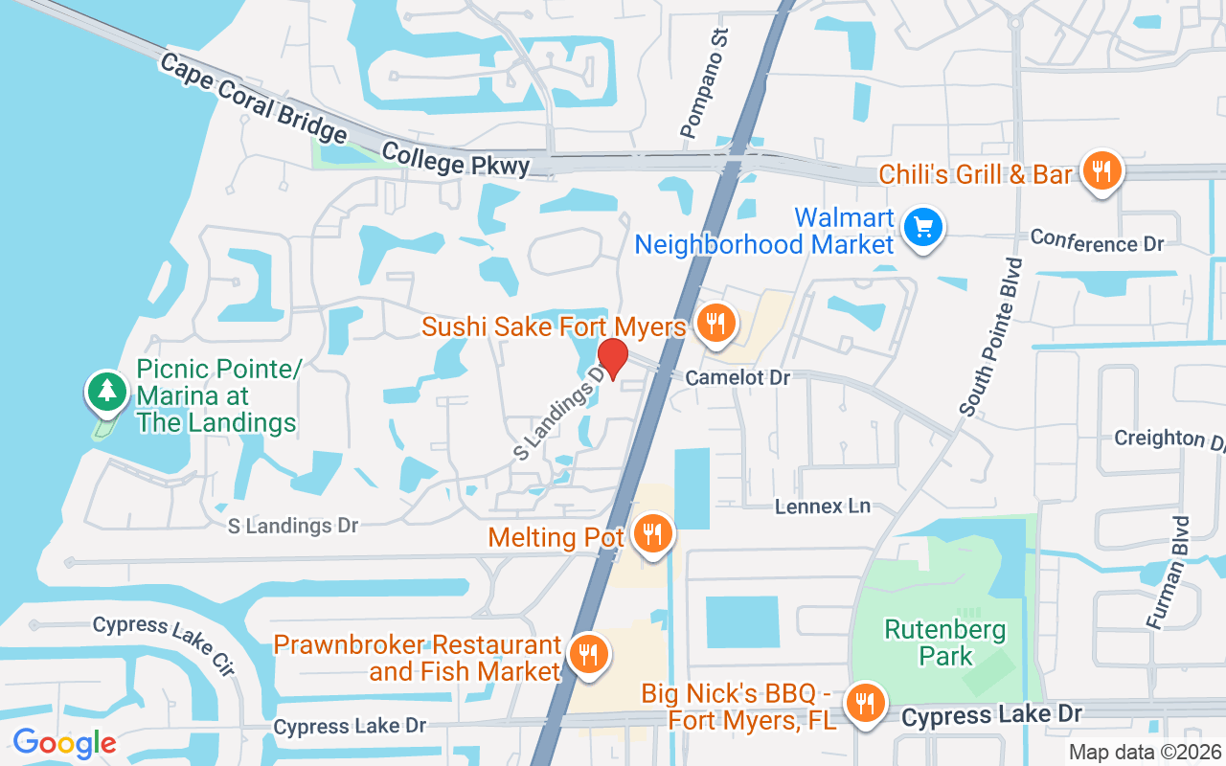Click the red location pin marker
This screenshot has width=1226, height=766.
613,358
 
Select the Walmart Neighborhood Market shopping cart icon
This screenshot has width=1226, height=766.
923,228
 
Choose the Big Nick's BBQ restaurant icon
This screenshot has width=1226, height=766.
866,703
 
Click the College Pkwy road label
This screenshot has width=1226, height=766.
455,159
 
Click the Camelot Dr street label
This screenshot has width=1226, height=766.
738,378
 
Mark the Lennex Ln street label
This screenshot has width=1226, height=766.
822,506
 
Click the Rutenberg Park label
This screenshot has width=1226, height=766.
945,642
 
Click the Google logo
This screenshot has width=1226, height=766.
64,742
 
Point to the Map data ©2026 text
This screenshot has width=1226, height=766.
1144,752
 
